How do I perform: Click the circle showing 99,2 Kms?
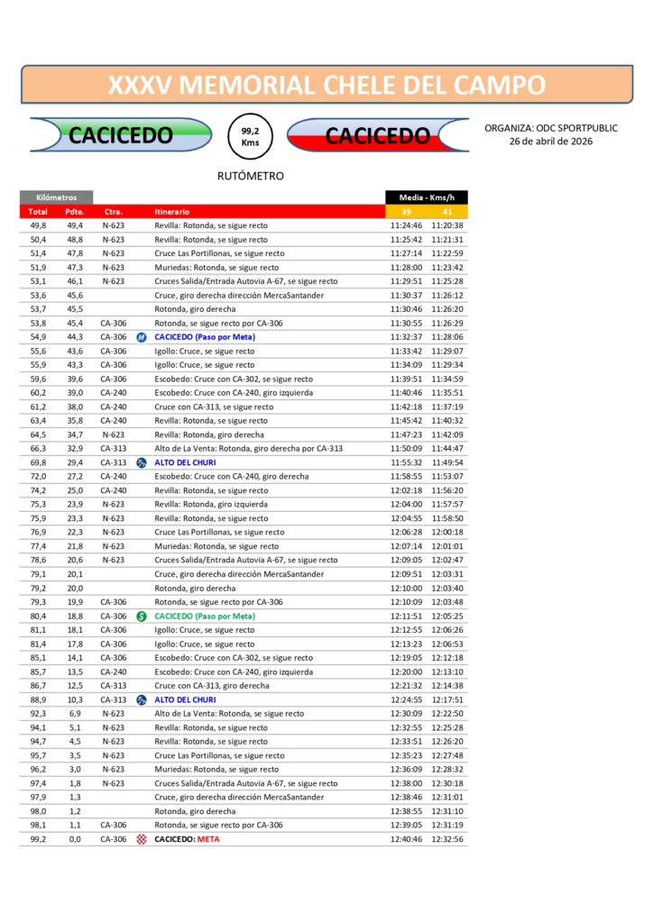click(x=251, y=136)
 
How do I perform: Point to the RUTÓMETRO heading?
click(x=251, y=176)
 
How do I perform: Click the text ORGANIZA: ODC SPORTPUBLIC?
click(x=550, y=128)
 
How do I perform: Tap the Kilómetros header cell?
click(x=56, y=197)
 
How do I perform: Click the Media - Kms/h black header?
click(x=427, y=197)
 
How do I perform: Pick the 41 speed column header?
click(x=447, y=211)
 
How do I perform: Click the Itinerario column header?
click(x=172, y=211)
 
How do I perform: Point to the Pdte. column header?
click(x=74, y=211)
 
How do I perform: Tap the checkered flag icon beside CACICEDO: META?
click(x=141, y=839)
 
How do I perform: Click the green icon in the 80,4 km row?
click(x=141, y=617)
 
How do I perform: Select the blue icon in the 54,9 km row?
click(x=141, y=337)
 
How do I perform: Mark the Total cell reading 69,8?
click(x=38, y=462)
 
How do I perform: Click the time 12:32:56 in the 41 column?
click(x=447, y=839)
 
